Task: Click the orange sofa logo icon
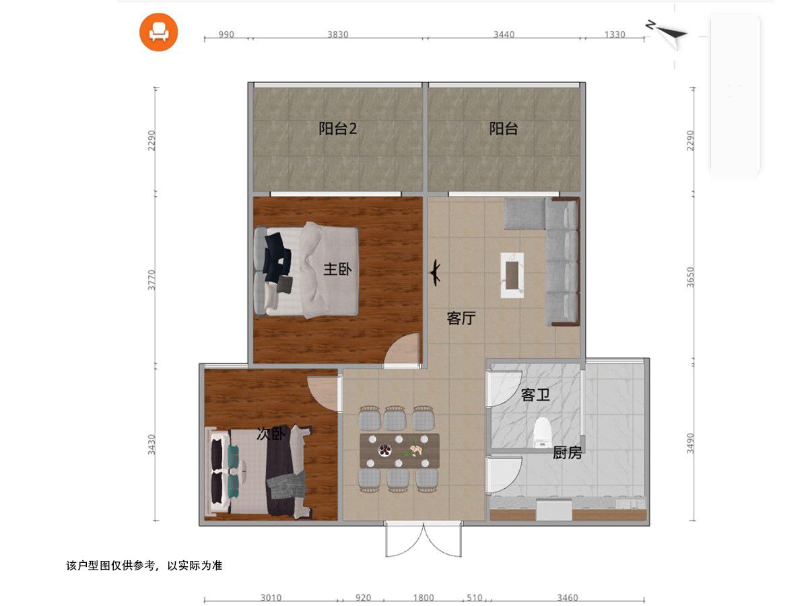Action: coord(158,32)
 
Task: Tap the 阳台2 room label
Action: coord(337,129)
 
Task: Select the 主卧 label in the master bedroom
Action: coord(337,269)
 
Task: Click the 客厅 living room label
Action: coord(461,318)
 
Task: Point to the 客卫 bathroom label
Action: coord(535,395)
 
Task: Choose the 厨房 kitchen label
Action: coord(567,452)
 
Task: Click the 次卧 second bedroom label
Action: coord(271,434)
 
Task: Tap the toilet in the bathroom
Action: coord(542,433)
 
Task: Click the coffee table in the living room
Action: coord(512,275)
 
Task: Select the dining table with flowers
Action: coord(399,450)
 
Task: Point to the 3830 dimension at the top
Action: coord(337,34)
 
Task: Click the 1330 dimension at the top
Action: coord(615,34)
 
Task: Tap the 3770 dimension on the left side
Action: coord(151,279)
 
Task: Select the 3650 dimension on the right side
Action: coord(690,277)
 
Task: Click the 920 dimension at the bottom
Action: coord(363,598)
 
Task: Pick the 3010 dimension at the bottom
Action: coord(271,598)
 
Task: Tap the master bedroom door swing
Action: coord(402,349)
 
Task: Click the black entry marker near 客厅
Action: coord(435,273)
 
